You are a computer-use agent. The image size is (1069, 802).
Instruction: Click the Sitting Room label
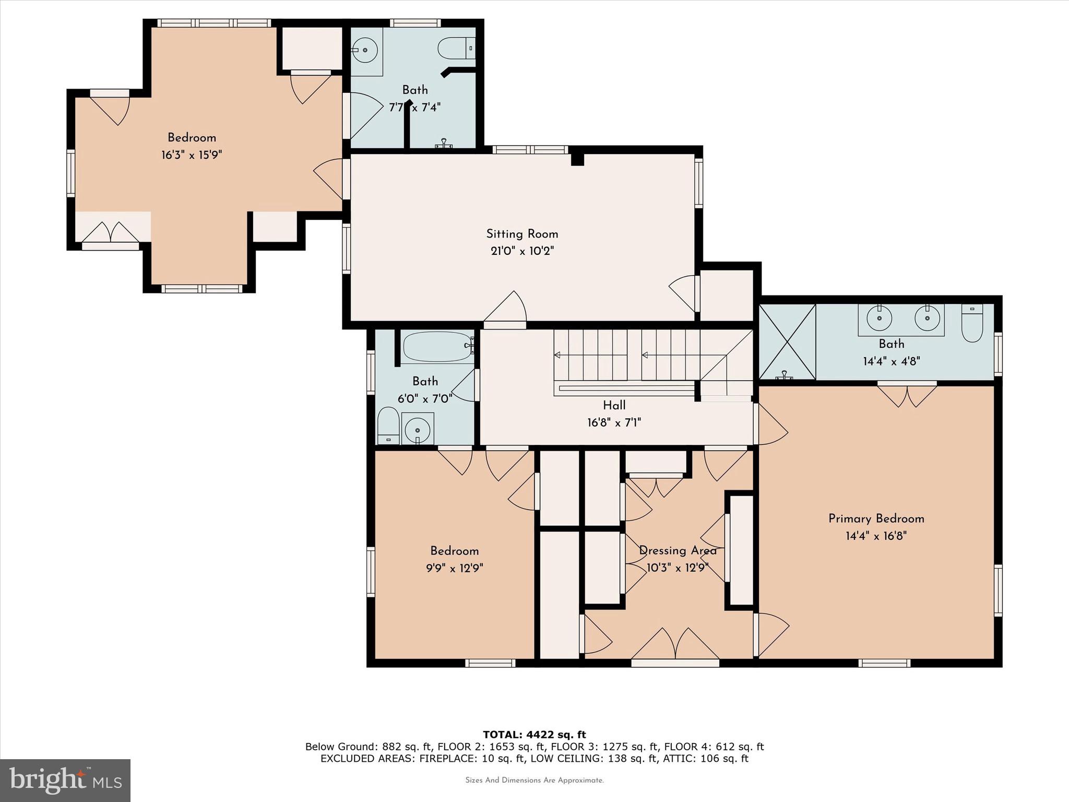tap(522, 234)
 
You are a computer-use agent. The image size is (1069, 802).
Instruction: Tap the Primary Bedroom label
tap(876, 518)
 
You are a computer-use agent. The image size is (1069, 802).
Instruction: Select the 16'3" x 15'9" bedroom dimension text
tap(192, 155)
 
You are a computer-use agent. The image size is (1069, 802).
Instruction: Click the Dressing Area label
tap(678, 550)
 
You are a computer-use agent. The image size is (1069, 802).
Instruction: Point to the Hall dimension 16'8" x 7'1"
tap(614, 422)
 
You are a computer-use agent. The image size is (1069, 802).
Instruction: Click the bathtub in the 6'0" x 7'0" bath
tap(437, 347)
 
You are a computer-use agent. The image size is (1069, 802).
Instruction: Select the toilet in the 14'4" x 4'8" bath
tap(972, 324)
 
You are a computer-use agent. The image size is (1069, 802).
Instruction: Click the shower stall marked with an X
tap(787, 342)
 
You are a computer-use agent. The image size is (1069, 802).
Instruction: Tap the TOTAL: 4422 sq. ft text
tap(534, 735)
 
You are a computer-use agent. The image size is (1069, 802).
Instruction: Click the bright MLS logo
tap(65, 780)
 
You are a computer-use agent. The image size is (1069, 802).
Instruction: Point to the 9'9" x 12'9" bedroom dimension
tap(454, 568)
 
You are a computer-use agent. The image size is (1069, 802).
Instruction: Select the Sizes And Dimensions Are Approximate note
tap(534, 780)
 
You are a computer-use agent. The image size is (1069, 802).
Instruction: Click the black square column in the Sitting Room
tap(577, 159)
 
